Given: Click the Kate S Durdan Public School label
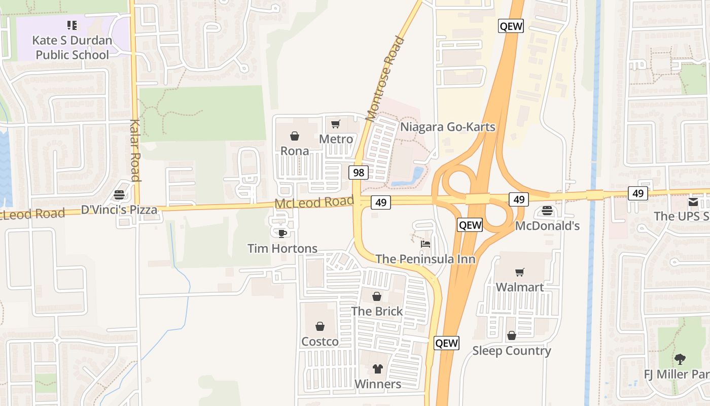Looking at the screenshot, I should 72,47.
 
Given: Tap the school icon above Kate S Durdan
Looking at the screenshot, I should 72,25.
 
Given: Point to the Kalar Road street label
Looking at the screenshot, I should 134,150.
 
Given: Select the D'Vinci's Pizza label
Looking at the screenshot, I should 119,210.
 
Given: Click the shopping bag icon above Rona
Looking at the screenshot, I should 294,136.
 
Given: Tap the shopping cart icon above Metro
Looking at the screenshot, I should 335,124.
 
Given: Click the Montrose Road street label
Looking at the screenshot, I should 386,79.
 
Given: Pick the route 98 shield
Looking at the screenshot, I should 358,173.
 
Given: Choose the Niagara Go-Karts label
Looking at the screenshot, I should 448,127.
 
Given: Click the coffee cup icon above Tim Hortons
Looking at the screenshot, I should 282,233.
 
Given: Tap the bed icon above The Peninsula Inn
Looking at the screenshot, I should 425,244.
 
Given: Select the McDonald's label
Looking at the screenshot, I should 547,226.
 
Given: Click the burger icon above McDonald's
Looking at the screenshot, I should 547,210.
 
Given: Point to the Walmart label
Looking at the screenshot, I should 519,287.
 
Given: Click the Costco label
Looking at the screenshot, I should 320,342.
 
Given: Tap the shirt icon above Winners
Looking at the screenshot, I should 377,368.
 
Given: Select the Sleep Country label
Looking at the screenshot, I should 512,351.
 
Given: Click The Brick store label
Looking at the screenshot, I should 377,311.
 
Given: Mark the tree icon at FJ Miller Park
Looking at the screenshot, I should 680,359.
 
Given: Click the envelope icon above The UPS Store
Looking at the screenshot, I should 693,201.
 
